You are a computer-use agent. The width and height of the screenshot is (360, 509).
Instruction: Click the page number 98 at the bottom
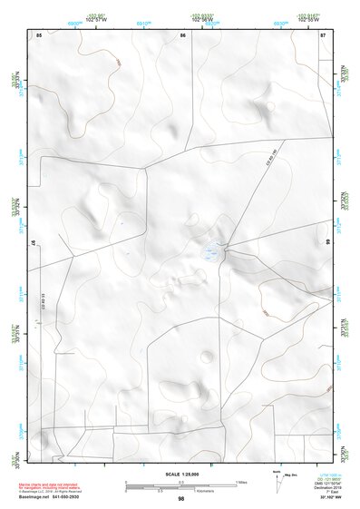180,499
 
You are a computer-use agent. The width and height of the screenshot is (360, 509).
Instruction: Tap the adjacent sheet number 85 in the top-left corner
39,34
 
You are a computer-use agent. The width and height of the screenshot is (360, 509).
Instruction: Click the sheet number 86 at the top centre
182,34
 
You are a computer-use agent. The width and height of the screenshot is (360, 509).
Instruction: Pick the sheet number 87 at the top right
323,34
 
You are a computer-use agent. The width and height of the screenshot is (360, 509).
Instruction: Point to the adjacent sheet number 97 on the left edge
34,244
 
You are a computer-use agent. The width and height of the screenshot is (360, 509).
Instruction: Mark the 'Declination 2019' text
326,487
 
